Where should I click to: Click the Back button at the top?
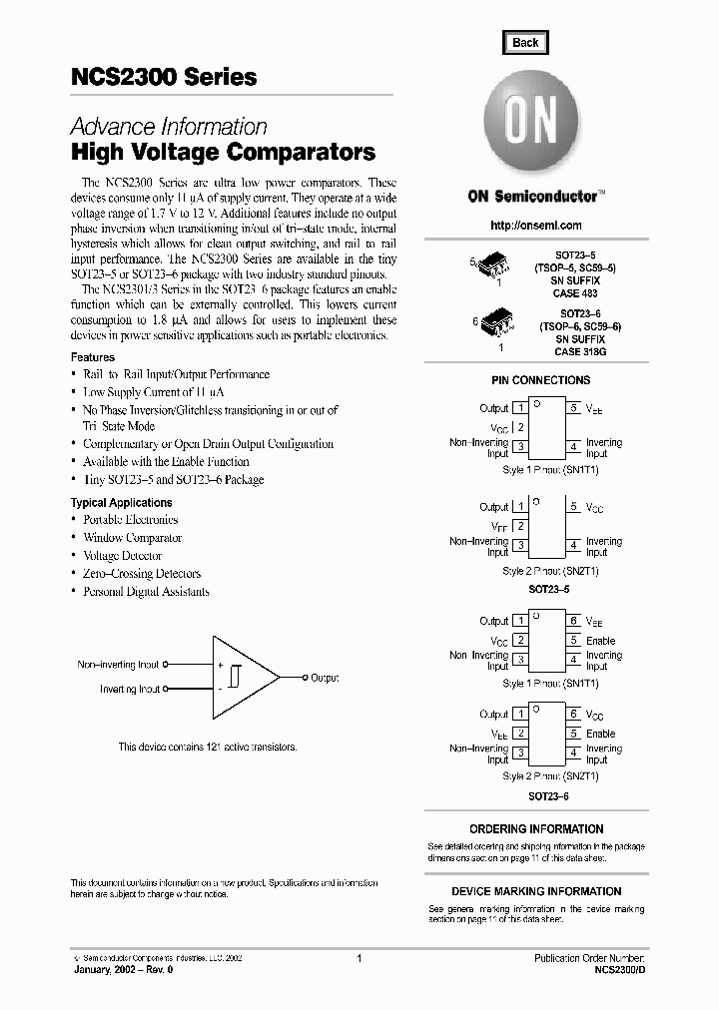525,42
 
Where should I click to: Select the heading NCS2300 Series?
164,77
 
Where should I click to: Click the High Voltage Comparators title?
223,153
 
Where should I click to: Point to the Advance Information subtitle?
169,127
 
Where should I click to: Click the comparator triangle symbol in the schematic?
243,677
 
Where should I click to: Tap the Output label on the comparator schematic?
325,678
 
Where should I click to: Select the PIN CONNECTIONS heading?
540,380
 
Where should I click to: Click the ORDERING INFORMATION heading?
536,829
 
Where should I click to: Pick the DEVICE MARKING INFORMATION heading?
536,891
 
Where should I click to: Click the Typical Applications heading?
121,503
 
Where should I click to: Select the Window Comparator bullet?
132,538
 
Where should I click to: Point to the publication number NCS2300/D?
619,970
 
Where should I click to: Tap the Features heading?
93,357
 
